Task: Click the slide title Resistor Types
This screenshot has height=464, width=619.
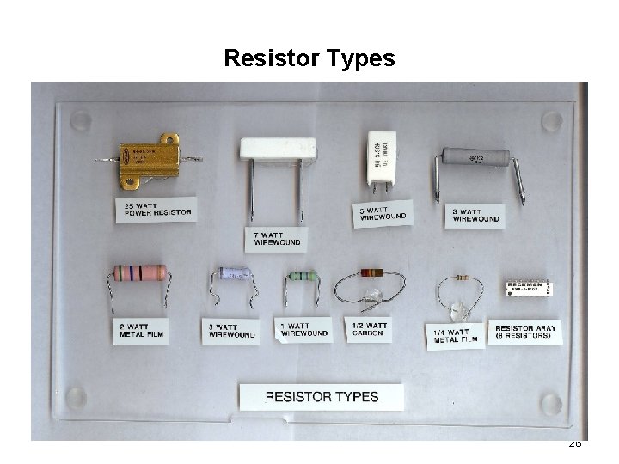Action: coord(309,58)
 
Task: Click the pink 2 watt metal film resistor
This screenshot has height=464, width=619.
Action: coord(139,273)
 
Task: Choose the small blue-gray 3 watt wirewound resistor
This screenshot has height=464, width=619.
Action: coord(234,273)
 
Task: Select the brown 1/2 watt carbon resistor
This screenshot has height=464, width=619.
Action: coord(371,272)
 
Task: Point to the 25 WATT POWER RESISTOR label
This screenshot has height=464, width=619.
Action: coord(156,209)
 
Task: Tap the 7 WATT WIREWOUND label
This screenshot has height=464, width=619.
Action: coord(277,238)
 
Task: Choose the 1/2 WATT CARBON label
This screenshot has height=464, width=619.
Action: coord(369,329)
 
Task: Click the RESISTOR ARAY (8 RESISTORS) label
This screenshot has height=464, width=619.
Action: coord(526,332)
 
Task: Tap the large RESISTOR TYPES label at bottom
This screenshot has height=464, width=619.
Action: coord(322,397)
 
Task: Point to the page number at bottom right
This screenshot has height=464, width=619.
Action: coord(575,444)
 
